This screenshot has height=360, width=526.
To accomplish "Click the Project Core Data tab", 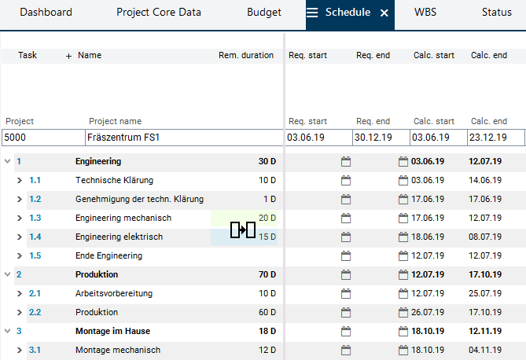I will pos(158,13).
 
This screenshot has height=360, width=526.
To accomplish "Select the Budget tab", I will pos(263,13).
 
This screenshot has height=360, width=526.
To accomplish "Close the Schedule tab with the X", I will pos(384,13).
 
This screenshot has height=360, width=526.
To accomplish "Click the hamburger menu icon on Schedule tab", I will pos(312,13).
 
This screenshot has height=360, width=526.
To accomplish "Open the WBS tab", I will pos(426,13).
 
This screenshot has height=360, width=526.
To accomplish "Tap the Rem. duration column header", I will pos(246,56).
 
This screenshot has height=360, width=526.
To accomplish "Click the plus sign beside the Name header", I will pos(68,56).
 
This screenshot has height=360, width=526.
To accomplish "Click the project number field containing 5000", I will pos(42,138).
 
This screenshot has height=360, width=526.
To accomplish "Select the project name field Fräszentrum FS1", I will pos(182,138).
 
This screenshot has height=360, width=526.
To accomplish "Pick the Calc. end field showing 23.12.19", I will pos(495,138).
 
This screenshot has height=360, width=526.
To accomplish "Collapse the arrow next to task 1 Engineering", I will pos(8,162).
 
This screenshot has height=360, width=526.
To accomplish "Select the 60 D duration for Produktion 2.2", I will pos(267,313).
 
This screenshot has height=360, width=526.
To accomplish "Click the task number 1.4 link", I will pos(35,237).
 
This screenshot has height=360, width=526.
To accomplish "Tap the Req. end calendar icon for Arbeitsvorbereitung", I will pos(346,294).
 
